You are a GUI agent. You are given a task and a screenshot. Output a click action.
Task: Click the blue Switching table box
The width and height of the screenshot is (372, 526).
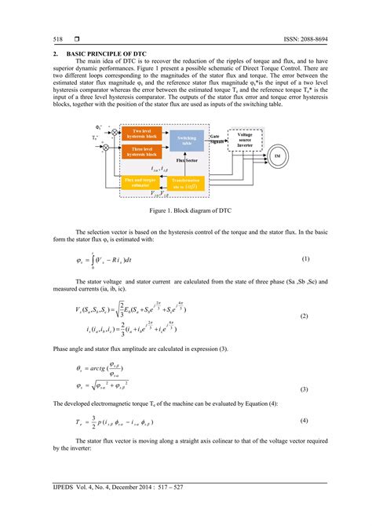[187, 141]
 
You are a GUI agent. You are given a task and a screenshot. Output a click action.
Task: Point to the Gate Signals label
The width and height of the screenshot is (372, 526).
[215, 138]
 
